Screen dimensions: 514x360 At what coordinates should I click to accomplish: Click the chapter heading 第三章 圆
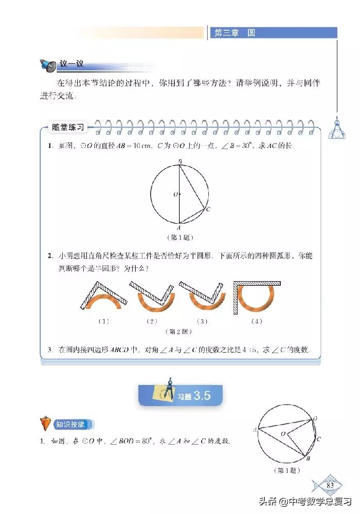[x=235, y=33]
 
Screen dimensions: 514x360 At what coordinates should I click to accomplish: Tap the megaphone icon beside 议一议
[x=48, y=65]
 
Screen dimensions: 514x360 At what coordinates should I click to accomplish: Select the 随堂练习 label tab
[x=66, y=126]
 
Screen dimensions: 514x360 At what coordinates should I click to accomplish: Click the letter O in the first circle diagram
[x=175, y=195]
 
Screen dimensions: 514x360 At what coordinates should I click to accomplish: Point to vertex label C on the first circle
[x=208, y=210]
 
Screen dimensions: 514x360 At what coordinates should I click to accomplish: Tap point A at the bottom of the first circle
[x=178, y=227]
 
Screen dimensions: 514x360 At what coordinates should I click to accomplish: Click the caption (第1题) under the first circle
[x=179, y=237]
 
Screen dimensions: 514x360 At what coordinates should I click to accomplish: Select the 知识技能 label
[x=75, y=425]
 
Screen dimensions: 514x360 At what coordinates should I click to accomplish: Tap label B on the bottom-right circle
[x=308, y=458]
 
